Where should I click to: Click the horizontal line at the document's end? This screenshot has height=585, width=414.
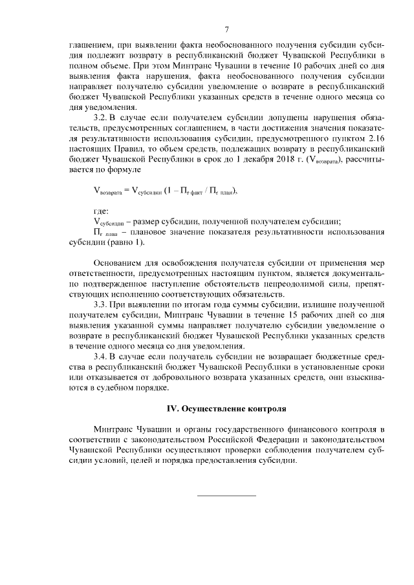(226, 495)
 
